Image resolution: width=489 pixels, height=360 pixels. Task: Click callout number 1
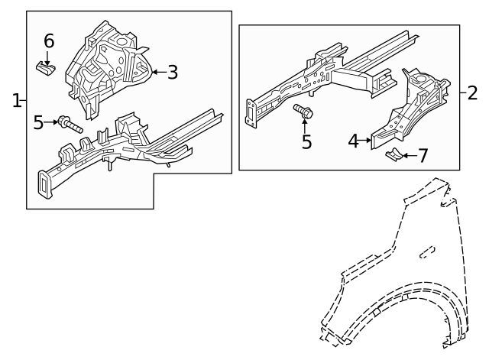(x=16, y=100)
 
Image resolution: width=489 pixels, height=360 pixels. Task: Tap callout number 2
(x=472, y=93)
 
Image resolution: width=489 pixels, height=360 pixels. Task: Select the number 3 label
(x=173, y=73)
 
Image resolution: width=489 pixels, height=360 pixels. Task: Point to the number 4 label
(x=353, y=141)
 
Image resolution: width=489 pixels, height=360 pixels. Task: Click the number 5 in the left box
(x=39, y=122)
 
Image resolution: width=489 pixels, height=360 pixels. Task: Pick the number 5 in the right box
(x=306, y=142)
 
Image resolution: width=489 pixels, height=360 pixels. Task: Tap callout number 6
(x=48, y=41)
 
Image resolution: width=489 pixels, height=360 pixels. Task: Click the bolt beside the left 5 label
(x=68, y=123)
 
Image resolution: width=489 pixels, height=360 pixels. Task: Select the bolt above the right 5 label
(x=303, y=112)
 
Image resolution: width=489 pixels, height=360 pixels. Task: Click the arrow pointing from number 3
(x=157, y=73)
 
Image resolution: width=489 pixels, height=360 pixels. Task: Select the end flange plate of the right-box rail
(x=250, y=111)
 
